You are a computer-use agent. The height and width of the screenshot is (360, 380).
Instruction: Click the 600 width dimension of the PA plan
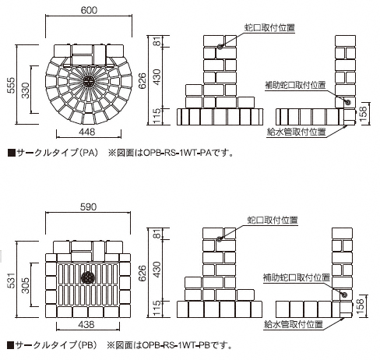click(89, 10)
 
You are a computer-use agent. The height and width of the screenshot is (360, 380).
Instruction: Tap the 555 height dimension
click(12, 85)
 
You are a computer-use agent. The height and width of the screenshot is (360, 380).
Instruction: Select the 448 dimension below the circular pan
click(86, 132)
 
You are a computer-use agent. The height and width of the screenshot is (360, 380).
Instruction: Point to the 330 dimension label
click(25, 90)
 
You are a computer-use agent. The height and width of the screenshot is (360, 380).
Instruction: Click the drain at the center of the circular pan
click(89, 82)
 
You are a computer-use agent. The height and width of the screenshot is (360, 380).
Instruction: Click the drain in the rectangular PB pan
click(88, 278)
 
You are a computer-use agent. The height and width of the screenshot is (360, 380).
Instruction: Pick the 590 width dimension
click(88, 207)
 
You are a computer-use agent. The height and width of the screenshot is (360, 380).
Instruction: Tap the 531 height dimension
click(12, 280)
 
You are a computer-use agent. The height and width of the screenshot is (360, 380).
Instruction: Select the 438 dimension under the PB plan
click(86, 324)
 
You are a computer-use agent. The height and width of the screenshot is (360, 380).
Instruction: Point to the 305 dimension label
click(25, 285)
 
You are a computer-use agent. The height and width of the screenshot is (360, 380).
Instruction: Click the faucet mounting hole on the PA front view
click(220, 47)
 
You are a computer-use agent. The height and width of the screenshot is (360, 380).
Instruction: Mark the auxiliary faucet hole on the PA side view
click(348, 102)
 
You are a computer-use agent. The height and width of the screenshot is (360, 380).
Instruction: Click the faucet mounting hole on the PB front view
click(220, 239)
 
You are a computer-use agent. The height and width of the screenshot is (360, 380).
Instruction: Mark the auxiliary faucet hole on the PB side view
click(344, 295)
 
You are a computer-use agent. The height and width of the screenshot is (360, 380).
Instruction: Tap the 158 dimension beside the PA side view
click(364, 114)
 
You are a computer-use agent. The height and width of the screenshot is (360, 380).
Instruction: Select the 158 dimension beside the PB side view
click(361, 305)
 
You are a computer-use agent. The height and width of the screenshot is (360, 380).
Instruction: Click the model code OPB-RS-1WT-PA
click(177, 153)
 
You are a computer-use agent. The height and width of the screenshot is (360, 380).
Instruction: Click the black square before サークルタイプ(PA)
click(11, 153)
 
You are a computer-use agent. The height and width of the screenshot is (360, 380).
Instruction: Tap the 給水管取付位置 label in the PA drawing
click(297, 132)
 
